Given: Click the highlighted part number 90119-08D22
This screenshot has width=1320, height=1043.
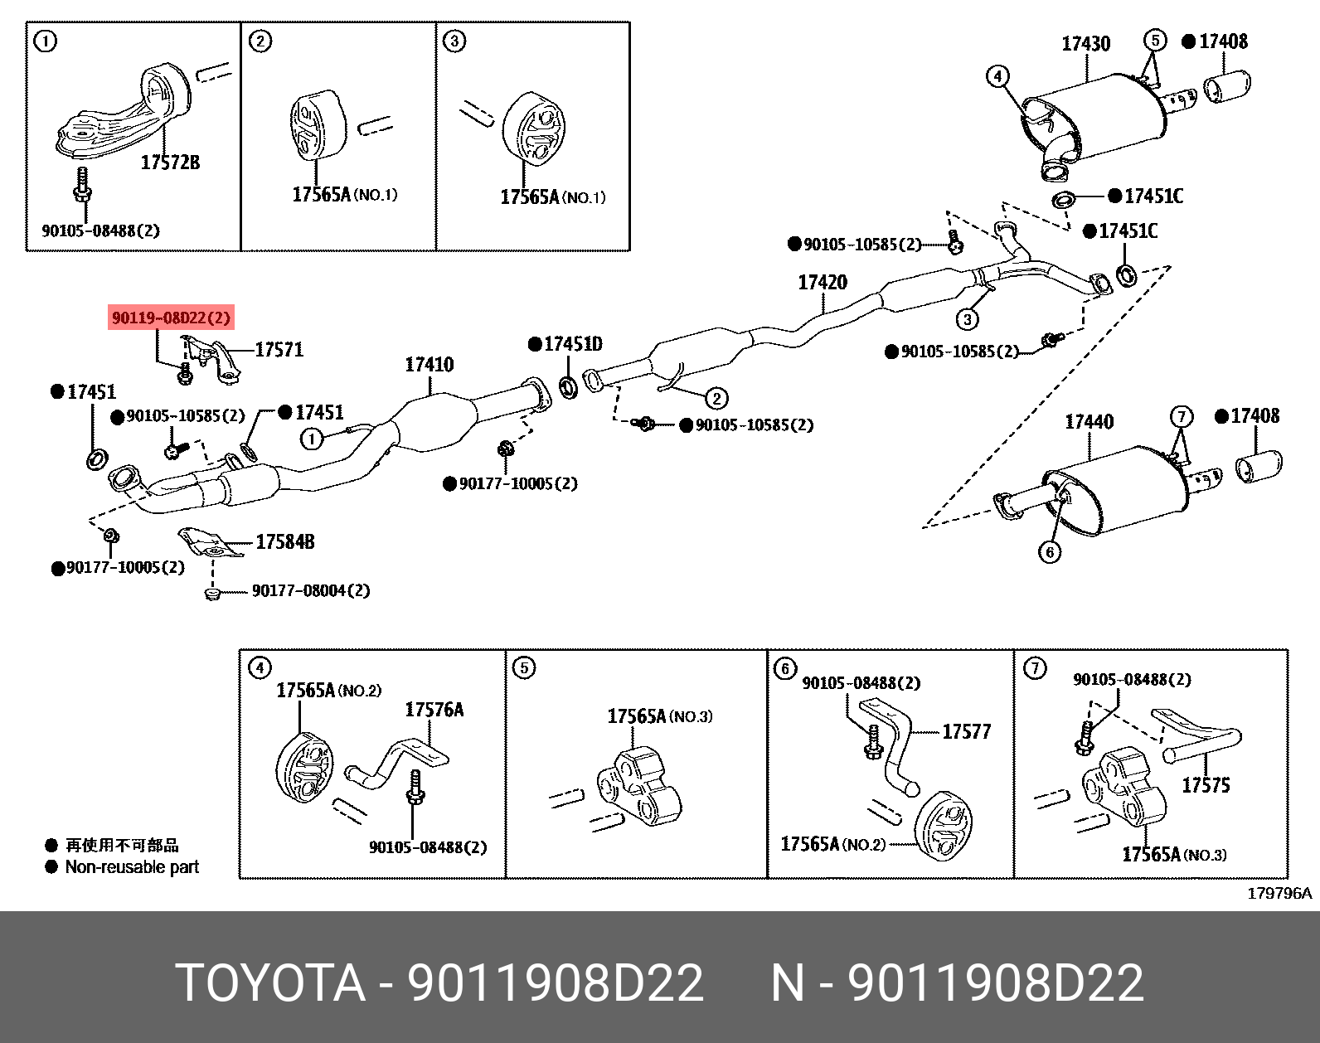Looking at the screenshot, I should [171, 318].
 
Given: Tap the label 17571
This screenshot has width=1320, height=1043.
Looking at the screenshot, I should [279, 350].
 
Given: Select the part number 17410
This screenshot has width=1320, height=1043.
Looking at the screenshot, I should [429, 365].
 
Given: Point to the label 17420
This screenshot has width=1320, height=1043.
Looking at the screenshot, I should [823, 283].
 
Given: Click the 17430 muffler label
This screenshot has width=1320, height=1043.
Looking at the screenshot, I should [1085, 44].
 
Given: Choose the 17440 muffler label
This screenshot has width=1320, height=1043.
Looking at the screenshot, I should [1089, 422].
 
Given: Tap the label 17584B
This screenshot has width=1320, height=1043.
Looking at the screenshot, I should [285, 542].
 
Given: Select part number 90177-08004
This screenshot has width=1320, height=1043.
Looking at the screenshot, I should [310, 590].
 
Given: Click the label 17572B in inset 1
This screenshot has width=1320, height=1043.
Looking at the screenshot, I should [170, 163].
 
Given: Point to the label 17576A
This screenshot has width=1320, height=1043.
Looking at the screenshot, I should [434, 710].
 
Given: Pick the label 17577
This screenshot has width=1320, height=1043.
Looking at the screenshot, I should [967, 731].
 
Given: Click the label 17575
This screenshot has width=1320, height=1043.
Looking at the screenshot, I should [1206, 785].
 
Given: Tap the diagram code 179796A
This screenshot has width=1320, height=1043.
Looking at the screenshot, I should [1279, 893].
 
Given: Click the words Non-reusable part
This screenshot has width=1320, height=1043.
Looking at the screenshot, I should [132, 867].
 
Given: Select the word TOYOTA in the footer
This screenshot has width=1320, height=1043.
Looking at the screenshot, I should [270, 983].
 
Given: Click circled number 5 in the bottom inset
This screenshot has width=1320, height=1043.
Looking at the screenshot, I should [524, 667].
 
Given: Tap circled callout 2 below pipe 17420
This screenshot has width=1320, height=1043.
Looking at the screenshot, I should [716, 399].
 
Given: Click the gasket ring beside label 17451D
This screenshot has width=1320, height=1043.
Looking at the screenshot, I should [569, 386].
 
